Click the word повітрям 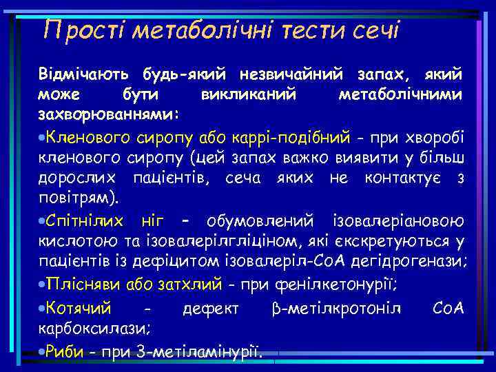(77, 199)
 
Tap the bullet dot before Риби (41, 351)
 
